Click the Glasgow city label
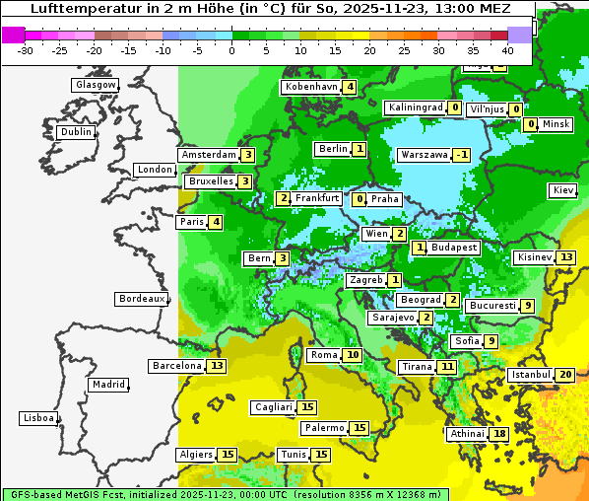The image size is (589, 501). [x=96, y=85]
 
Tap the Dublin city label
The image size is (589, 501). [x=76, y=132]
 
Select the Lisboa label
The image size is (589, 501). [x=37, y=418]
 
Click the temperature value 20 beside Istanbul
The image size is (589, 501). [x=565, y=375]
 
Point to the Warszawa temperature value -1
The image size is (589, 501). [x=461, y=155]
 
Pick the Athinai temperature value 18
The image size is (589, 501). [x=500, y=434]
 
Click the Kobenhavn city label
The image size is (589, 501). [x=311, y=87]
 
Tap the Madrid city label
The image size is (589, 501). [x=107, y=385]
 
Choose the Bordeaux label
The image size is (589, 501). [x=141, y=299]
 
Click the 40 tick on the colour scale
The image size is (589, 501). [x=507, y=50]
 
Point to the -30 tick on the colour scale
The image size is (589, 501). [x=27, y=50]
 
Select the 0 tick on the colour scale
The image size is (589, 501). [x=232, y=50]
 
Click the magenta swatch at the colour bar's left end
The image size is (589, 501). [x=13, y=35]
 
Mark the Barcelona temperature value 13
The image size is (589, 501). [x=217, y=366]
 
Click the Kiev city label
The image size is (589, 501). [x=563, y=190]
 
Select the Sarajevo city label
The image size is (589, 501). [x=392, y=318]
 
